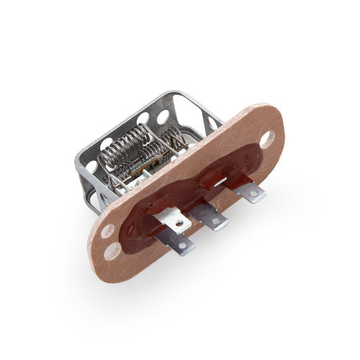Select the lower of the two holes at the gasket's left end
(x=113, y=251)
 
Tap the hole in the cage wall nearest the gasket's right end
(x=212, y=124)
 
